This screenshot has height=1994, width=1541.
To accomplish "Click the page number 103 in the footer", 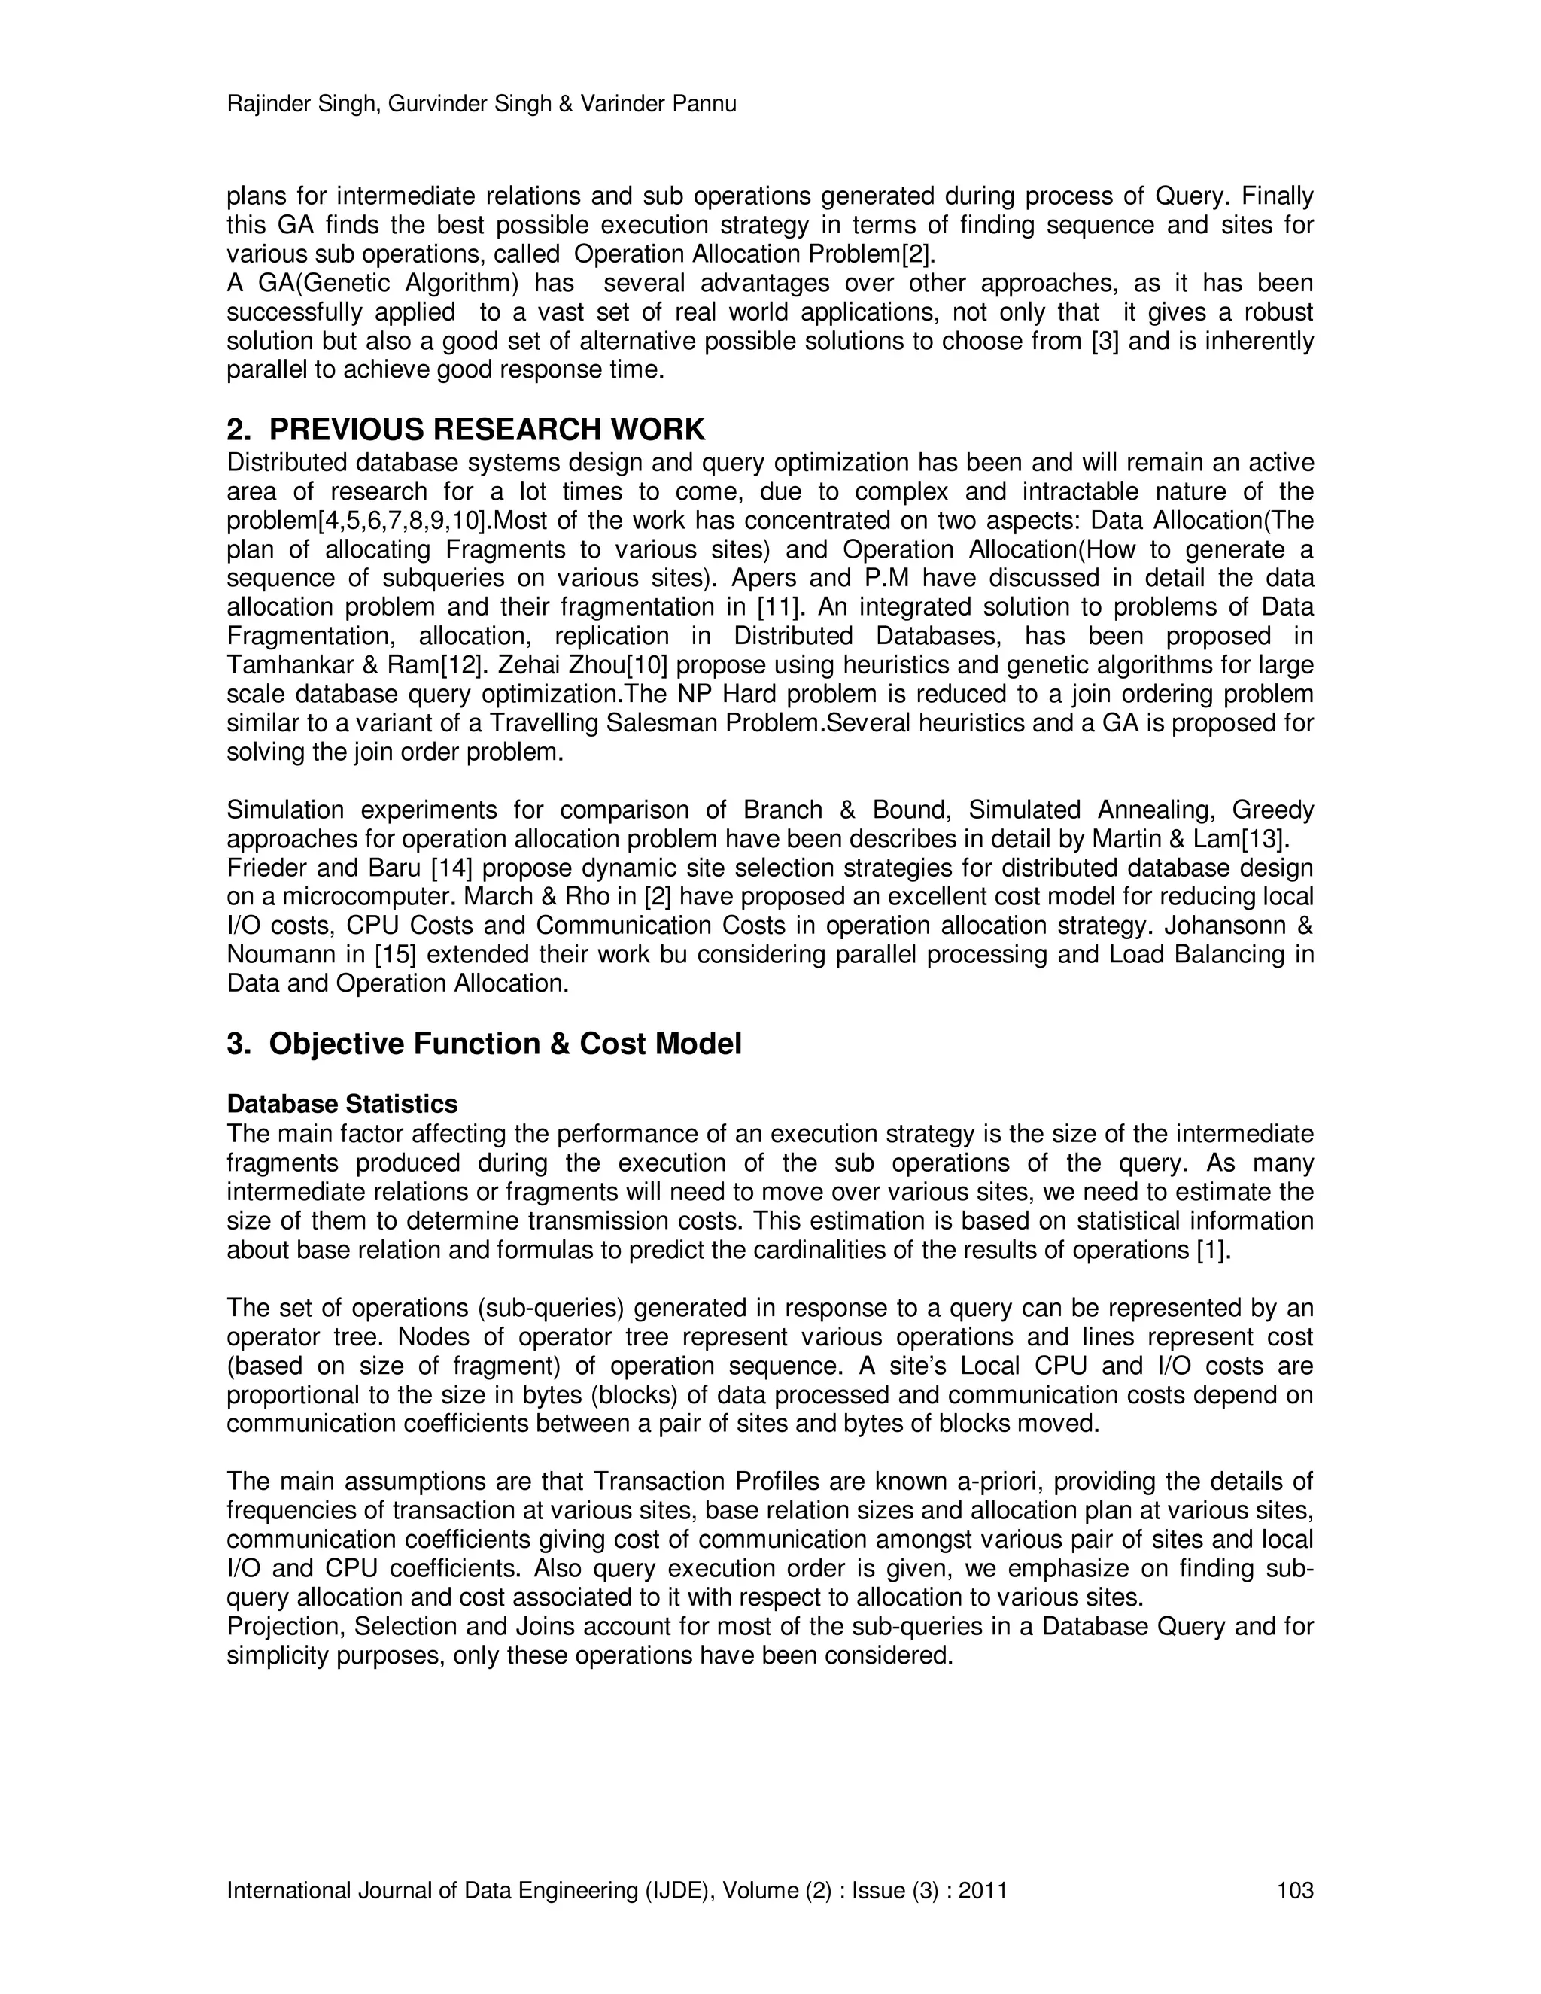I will [1294, 1890].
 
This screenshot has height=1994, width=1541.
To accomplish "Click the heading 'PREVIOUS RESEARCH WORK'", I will [487, 429].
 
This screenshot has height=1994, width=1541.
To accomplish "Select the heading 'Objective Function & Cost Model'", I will [505, 1044].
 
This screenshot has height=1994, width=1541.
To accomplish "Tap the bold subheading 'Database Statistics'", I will [342, 1104].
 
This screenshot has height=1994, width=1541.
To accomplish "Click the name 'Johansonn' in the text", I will [1223, 926].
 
